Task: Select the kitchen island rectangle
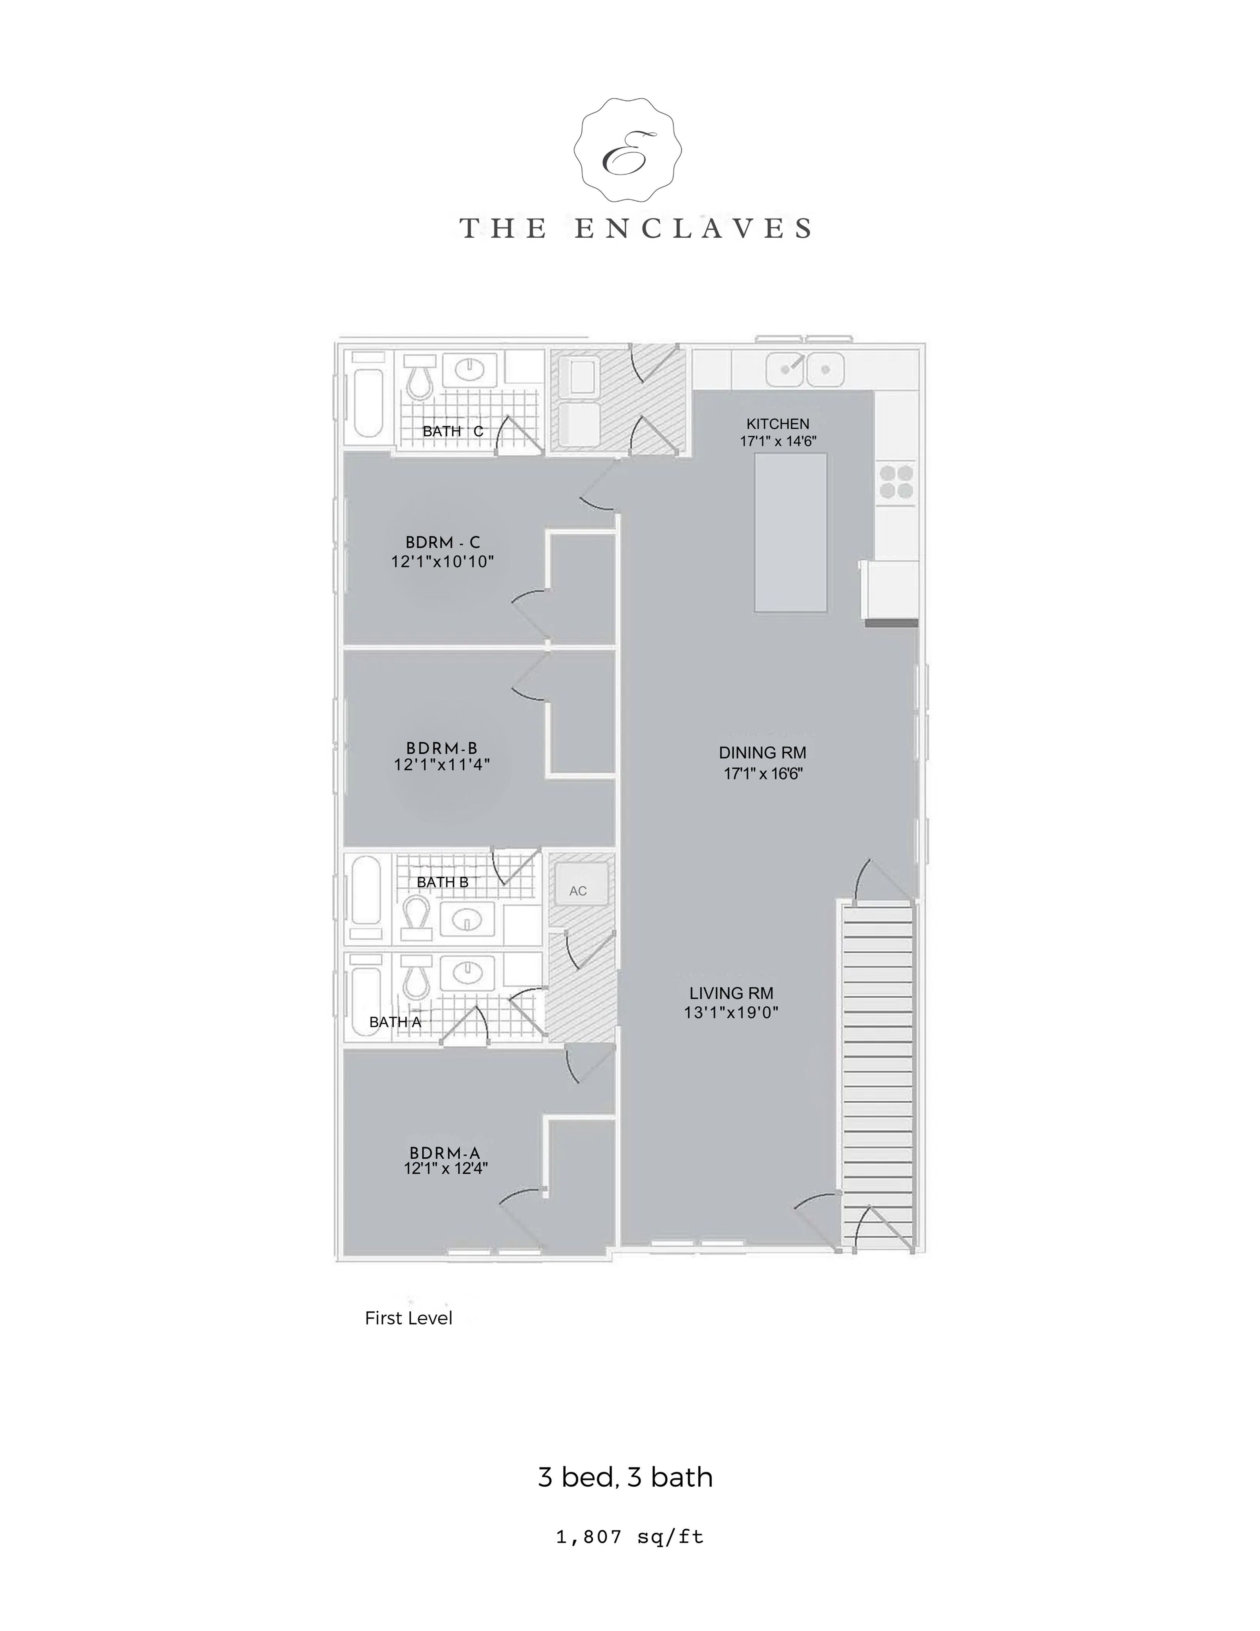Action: pos(790,532)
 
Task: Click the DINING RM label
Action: pos(763,753)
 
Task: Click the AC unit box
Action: pos(578,886)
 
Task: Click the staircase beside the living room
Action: pos(878,1075)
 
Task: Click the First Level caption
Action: pos(408,1318)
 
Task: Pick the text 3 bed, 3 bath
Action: pos(626,1477)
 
